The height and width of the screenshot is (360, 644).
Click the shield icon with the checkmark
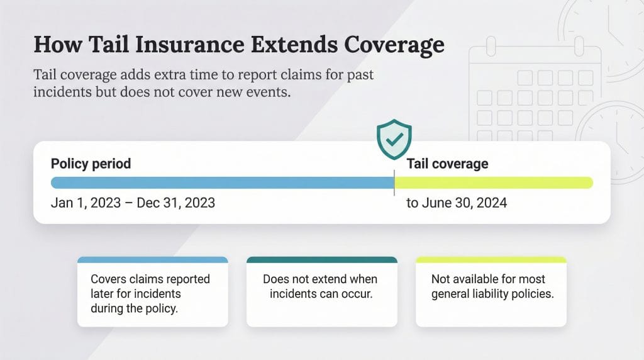pyautogui.click(x=394, y=140)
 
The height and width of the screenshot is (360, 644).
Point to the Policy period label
pyautogui.click(x=91, y=164)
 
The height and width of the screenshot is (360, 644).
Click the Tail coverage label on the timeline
pyautogui.click(x=447, y=164)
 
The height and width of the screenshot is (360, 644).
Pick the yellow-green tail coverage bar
pyautogui.click(x=494, y=183)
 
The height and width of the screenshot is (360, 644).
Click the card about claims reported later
pyautogui.click(x=152, y=293)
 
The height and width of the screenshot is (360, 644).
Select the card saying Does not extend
pyautogui.click(x=321, y=293)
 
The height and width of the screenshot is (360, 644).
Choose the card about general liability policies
pyautogui.click(x=491, y=293)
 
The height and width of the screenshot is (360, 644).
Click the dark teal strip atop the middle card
pyautogui.click(x=321, y=259)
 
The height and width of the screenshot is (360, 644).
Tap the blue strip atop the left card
pyautogui.click(x=152, y=259)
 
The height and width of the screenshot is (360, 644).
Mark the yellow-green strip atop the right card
pyautogui.click(x=491, y=259)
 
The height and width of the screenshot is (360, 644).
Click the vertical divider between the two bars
pyautogui.click(x=394, y=183)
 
